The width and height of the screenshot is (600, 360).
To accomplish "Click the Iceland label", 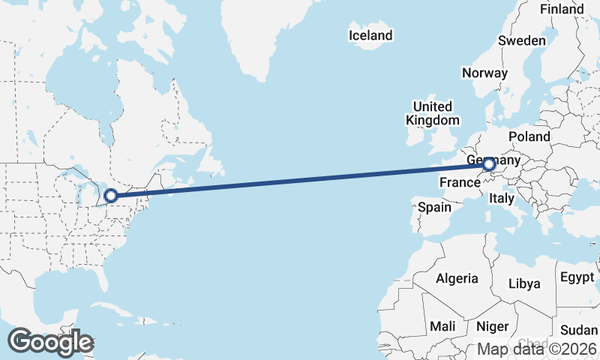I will [370, 35].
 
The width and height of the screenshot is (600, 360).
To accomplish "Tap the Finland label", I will [562, 9].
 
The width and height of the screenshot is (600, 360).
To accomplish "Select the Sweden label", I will [522, 40].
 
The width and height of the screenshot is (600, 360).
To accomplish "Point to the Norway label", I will [484, 73].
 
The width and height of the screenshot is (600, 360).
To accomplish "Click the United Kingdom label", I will [433, 113].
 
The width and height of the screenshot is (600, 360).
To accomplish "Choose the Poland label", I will [529, 137].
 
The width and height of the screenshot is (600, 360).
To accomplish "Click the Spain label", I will [434, 207].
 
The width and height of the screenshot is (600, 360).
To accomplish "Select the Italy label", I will [501, 199].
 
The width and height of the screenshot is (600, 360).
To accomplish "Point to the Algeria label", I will [457, 278].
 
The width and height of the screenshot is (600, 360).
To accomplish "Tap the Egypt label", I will [577, 277].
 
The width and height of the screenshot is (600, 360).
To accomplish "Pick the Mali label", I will [442, 326].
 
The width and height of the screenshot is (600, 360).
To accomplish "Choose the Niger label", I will [492, 326].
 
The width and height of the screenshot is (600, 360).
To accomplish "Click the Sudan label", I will [579, 330].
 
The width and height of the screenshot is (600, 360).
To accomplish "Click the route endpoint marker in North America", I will [111, 196].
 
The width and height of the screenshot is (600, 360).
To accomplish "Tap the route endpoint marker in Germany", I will [489, 164].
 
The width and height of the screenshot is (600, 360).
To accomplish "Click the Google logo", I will [50, 342].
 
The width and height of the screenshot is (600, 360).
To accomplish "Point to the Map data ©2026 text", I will [537, 349].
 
